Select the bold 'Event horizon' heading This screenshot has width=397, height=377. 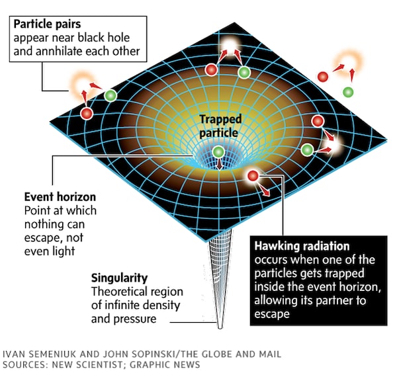pyautogui.click(x=60, y=197)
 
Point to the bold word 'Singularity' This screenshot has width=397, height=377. pyautogui.click(x=119, y=278)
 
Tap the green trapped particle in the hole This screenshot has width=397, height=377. pyautogui.click(x=218, y=153)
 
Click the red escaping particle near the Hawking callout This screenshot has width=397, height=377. pyautogui.click(x=252, y=177)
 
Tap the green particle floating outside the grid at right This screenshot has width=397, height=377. pyautogui.click(x=347, y=90)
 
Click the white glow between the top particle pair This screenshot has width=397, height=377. pyautogui.click(x=230, y=46)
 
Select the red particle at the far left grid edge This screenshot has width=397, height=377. pyautogui.click(x=86, y=113)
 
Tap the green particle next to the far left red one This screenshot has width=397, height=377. pyautogui.click(x=110, y=95)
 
